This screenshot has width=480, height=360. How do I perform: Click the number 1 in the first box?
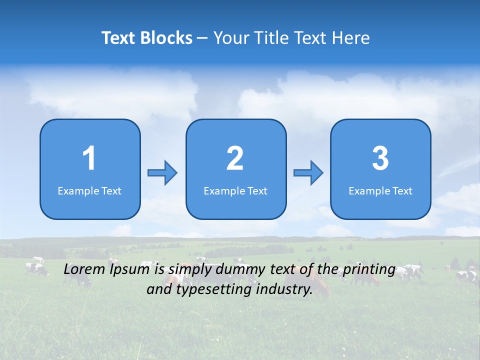click(89, 158)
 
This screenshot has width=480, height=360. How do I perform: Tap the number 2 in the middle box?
click(235, 158)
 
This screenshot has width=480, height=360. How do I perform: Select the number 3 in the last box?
click(380, 158)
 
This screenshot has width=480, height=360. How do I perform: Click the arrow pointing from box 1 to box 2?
click(162, 173)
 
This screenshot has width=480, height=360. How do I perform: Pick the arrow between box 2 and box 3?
click(308, 173)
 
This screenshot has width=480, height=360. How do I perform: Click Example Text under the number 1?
click(89, 191)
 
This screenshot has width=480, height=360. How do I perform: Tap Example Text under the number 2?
click(235, 191)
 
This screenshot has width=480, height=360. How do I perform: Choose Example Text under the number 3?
click(380, 191)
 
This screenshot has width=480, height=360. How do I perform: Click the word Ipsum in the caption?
click(129, 270)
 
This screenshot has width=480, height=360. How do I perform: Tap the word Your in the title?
click(230, 38)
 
